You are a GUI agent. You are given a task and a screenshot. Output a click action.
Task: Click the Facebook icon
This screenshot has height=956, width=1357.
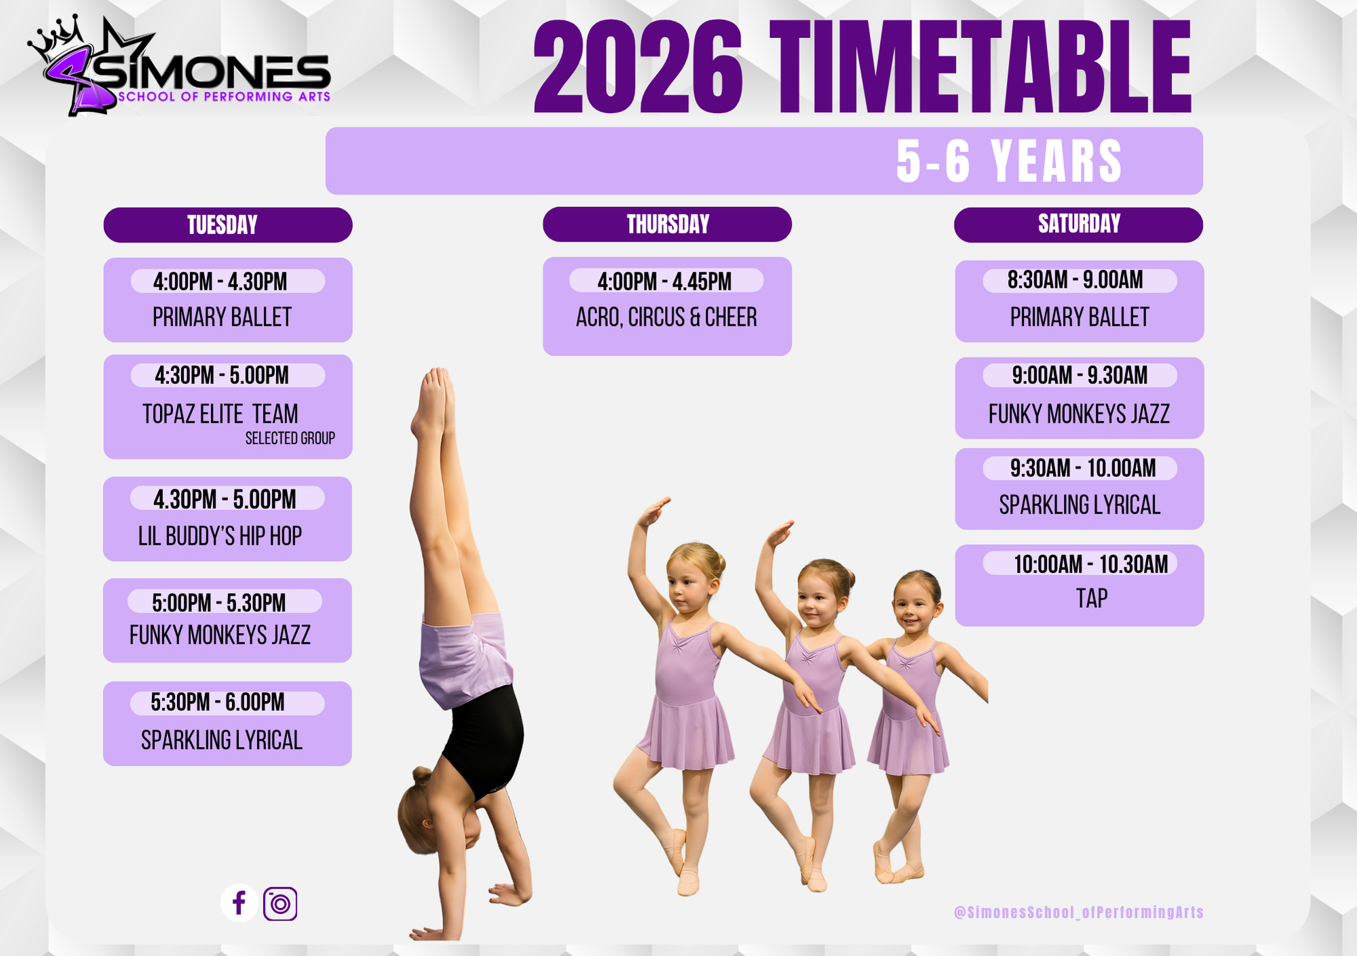point(239,903)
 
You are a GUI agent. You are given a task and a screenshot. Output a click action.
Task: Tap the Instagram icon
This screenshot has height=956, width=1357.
point(280,904)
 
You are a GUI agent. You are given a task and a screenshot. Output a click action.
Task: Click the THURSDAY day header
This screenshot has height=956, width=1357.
point(667,224)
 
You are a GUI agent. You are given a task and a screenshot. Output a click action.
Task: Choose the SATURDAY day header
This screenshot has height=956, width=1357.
point(1079,225)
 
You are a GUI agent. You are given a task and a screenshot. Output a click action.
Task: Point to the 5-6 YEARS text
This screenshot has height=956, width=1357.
point(1009,161)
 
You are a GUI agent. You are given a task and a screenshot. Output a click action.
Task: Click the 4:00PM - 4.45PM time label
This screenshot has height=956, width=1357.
point(665,282)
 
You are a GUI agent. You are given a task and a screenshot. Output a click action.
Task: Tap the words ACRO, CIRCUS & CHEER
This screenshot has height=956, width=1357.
point(666,318)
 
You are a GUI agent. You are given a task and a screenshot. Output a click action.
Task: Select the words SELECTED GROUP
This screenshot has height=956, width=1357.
point(290,438)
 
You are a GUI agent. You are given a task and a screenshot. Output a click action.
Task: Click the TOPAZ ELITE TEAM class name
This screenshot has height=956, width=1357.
point(221,414)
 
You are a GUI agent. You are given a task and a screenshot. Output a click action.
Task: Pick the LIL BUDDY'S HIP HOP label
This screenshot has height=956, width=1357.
point(220,536)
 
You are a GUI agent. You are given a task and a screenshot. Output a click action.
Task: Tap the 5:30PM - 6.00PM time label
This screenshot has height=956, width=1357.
point(218,702)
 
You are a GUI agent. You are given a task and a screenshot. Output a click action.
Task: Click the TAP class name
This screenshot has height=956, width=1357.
point(1092,598)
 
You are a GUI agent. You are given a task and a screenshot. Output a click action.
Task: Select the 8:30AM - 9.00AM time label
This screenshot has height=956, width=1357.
point(1075,280)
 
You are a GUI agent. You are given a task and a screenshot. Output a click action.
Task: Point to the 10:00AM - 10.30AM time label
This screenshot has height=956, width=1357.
point(1091,565)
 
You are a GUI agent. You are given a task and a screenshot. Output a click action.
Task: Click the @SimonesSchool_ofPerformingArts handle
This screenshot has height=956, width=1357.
point(1079,913)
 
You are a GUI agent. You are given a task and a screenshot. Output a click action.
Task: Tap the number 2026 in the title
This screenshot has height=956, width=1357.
point(638,68)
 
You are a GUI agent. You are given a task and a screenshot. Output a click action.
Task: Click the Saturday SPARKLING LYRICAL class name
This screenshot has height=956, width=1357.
point(1079,505)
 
